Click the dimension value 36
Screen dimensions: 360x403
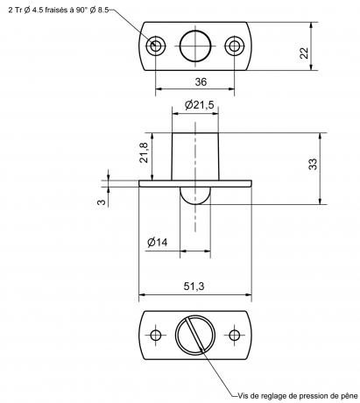tap(201, 81)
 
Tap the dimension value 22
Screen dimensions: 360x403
tap(304, 53)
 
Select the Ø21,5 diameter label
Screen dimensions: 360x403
tap(200, 104)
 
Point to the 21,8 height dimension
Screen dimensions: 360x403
tap(144, 152)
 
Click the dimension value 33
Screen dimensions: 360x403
tap(313, 164)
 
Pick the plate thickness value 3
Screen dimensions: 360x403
tap(101, 202)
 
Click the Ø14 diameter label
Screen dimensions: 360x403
tap(158, 242)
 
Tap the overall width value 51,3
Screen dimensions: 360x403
tap(194, 286)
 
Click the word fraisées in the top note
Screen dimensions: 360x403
tap(57, 10)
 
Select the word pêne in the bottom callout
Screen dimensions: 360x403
tap(349, 396)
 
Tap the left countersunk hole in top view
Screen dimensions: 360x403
tap(156, 46)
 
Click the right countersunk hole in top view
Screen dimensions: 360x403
tap(235, 46)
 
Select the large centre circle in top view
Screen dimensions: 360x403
tap(195, 46)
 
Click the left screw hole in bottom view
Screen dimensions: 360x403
tap(156, 335)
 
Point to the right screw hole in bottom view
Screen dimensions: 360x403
tap(234, 335)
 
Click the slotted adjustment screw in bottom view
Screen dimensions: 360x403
tap(195, 335)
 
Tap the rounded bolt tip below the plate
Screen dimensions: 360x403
tap(195, 195)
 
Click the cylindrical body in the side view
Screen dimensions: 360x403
tap(195, 157)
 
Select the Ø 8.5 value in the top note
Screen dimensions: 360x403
tap(99, 10)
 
